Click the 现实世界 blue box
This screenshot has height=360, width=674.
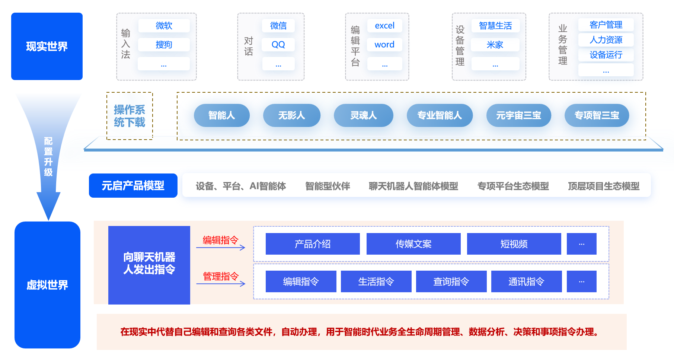point(47,47)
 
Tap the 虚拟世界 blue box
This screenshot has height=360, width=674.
point(47,285)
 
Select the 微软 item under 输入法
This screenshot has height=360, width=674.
point(164,26)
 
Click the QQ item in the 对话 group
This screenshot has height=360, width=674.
point(278,45)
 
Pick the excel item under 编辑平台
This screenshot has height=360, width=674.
point(384,26)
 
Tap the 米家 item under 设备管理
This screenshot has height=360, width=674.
point(495,45)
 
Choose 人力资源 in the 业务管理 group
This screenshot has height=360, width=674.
point(606,40)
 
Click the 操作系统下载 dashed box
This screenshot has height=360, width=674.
point(130,116)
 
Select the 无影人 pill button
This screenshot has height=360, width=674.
point(291,115)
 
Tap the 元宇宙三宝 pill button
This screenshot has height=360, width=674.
point(518,115)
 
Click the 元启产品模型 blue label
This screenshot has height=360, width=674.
point(133,185)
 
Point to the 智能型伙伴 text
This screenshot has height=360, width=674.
point(328,186)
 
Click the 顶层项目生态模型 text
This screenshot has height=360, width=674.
point(603,186)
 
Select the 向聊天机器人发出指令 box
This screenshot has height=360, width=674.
point(149,265)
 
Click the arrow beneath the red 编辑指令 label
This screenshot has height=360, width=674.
point(221,248)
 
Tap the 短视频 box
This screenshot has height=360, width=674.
point(514,244)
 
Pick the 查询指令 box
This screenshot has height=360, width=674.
point(451,281)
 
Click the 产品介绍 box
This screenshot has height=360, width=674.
point(313,244)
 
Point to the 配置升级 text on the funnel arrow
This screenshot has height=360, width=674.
point(48,157)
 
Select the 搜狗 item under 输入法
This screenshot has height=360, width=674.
point(164,45)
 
